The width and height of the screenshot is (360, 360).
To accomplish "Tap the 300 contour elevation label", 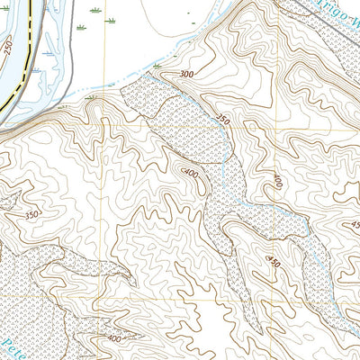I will [186, 75].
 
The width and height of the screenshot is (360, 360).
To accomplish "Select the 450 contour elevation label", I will [272, 261].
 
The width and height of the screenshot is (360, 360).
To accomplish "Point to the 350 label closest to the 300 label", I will [224, 118].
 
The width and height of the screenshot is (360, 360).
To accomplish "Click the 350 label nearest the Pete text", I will [31, 215].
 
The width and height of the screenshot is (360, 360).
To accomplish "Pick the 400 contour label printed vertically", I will [278, 181].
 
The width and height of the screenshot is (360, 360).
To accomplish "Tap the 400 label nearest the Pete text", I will [113, 339].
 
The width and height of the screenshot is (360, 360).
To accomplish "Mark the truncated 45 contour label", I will [355, 225].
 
